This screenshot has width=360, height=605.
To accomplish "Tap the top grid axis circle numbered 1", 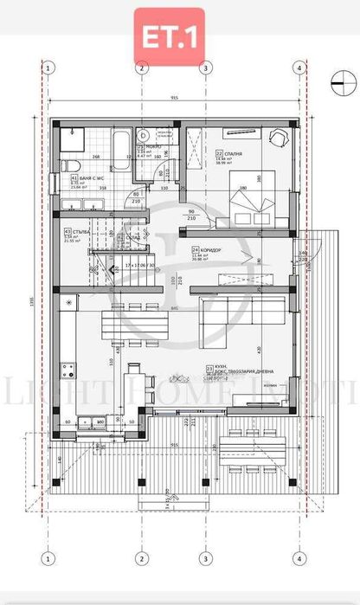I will pos(49,68).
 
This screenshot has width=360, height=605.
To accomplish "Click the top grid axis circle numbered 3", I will pos(205,68).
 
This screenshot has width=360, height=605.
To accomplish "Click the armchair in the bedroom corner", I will pos(276,138).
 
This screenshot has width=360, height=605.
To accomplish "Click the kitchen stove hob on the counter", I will pos(66,370).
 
